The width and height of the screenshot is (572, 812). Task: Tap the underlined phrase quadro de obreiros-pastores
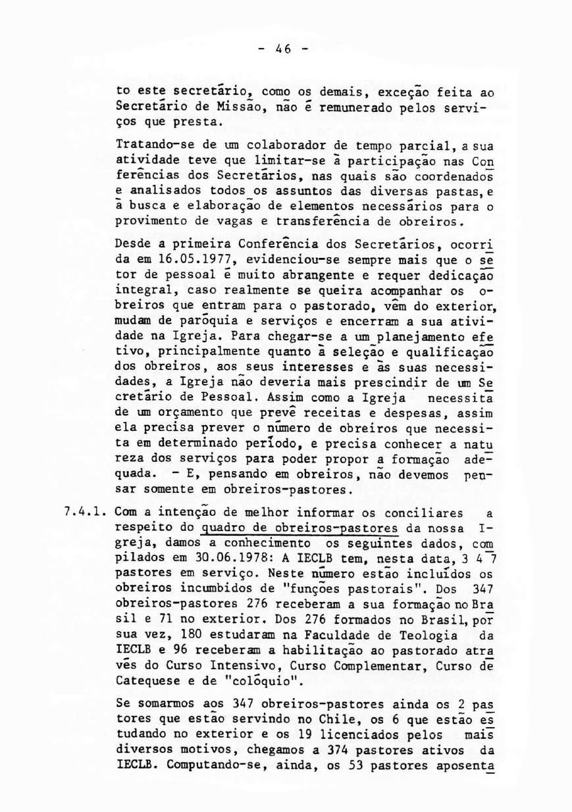pos(301,528)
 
